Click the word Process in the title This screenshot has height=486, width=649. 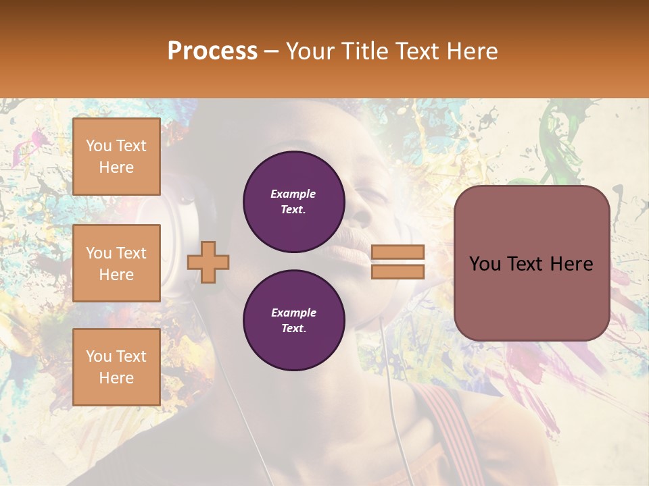point(212,51)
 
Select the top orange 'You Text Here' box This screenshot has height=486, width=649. point(116,157)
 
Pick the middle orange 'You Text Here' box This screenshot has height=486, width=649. point(116,263)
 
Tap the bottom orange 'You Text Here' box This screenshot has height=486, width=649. point(116,367)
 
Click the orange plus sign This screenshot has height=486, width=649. point(208,262)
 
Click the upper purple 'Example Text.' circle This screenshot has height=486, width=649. point(293,202)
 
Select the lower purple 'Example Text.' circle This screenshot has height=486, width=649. point(293,321)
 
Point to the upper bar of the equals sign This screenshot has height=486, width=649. point(398,252)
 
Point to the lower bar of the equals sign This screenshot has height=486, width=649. point(398,271)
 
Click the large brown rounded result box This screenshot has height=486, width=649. point(531,297)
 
